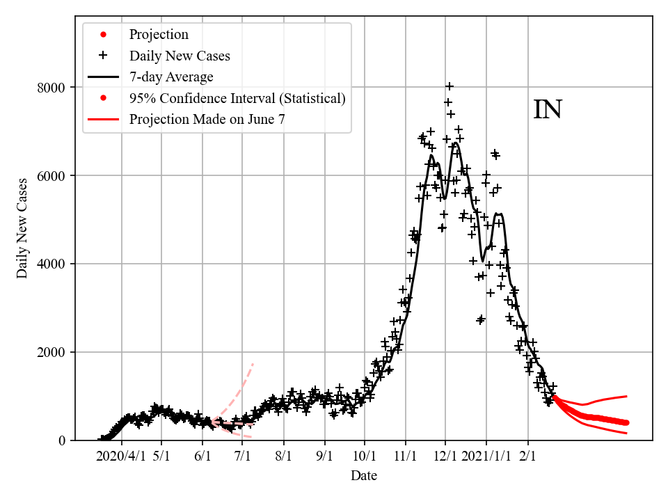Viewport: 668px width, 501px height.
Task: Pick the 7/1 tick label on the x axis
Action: [x=243, y=457]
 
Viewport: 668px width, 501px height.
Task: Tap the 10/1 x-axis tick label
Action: [x=365, y=457]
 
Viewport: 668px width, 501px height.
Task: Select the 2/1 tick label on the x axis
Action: [x=528, y=457]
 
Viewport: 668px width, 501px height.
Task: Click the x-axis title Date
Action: [x=364, y=476]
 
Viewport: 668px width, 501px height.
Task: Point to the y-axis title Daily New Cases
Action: [x=23, y=228]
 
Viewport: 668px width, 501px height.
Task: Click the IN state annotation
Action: [x=548, y=110]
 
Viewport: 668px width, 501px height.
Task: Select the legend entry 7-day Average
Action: [x=171, y=77]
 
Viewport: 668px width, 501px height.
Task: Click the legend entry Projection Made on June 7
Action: [x=207, y=120]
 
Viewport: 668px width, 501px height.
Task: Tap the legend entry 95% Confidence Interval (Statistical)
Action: [x=237, y=98]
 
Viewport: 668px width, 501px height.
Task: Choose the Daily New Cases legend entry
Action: [x=180, y=56]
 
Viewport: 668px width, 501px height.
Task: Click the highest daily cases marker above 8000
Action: [x=450, y=86]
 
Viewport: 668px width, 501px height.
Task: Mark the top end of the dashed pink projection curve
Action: [x=253, y=363]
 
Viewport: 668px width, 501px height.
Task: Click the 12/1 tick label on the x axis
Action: [x=446, y=457]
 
